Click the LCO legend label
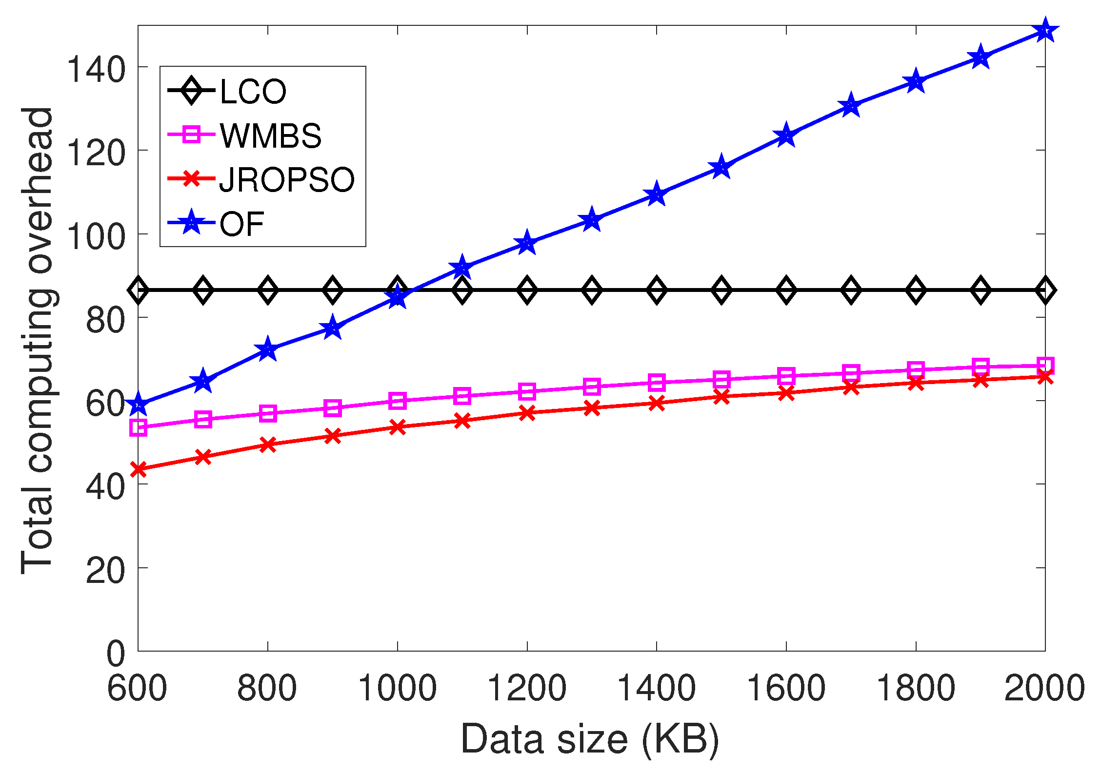coord(253,91)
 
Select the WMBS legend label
coord(270,135)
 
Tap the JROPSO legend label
coord(287,180)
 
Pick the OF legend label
coord(241,224)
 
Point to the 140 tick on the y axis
coord(96,70)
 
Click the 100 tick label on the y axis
coord(96,237)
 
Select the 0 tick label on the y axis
coord(116,654)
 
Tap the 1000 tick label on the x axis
coord(397,689)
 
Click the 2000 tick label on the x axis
coord(1044,689)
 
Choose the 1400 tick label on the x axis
coord(656,689)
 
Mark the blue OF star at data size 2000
coord(1044,31)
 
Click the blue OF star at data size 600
coord(139,404)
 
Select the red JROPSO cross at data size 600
coord(139,469)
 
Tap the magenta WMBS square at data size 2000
coord(1044,365)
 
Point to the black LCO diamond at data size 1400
coord(657,290)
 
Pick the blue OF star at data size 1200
coord(527,243)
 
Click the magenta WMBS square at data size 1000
coord(398,401)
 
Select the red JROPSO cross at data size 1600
coord(786,393)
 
